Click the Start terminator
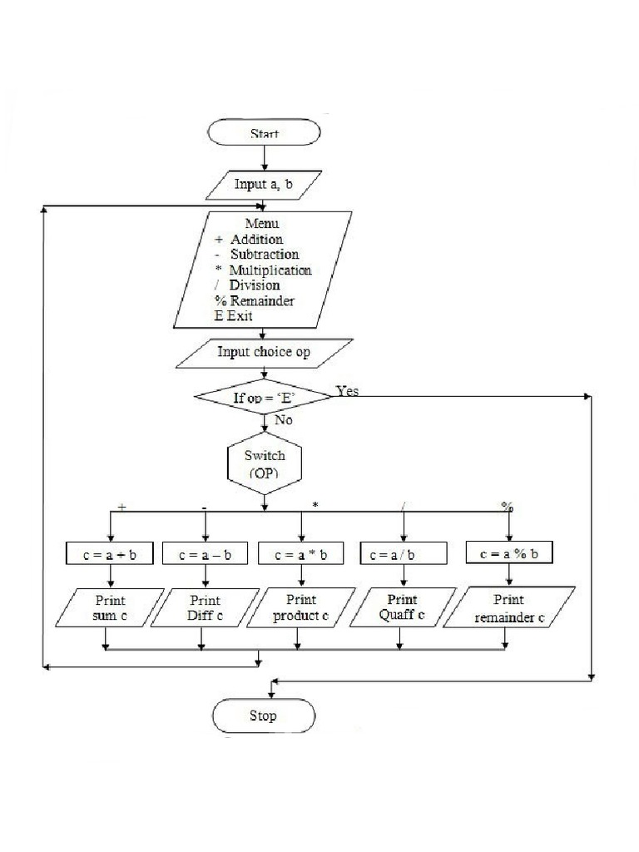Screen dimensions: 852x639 pos(264,133)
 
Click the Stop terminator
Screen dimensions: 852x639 pos(264,716)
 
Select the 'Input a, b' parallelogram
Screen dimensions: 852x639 pos(264,185)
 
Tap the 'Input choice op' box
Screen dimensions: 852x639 pos(264,352)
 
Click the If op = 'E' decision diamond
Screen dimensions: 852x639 pos(264,397)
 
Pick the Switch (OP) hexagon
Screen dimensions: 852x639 pos(264,464)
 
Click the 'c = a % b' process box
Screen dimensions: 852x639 pos(509,553)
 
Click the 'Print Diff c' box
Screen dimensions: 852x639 pos(205,608)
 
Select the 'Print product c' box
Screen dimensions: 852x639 pos(301,608)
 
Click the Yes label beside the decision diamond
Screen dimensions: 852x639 pos(348,390)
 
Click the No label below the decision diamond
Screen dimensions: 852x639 pos(283,420)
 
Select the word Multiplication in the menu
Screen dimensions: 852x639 pos(270,270)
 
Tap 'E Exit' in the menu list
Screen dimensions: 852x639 pos(234,316)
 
